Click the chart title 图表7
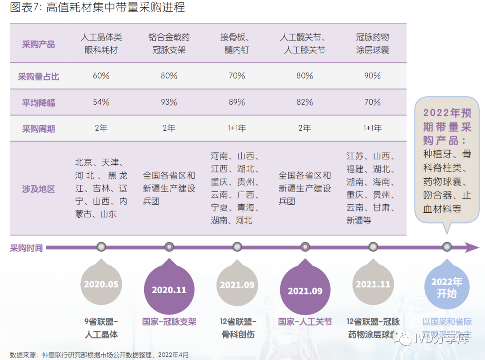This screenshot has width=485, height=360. (97, 8)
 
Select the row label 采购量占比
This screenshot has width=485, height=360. (39, 76)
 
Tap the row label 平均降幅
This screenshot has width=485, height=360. (39, 103)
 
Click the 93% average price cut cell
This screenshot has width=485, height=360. (169, 102)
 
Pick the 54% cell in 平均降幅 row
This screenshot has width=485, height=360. (101, 102)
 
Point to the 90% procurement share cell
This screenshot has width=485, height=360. (372, 76)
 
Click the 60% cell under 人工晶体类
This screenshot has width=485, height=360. (101, 76)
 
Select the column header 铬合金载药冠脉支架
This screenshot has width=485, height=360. (169, 44)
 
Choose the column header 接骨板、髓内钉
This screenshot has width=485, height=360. (237, 44)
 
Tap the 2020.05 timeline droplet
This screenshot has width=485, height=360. (101, 285)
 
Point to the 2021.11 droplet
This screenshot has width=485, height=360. (373, 285)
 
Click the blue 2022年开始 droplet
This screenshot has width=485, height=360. (446, 287)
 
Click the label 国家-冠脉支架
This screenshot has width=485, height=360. (169, 322)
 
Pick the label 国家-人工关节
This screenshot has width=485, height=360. (305, 322)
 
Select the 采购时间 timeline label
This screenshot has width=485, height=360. (26, 248)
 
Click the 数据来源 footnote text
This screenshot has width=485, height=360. (99, 355)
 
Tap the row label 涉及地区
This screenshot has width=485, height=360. (39, 189)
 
